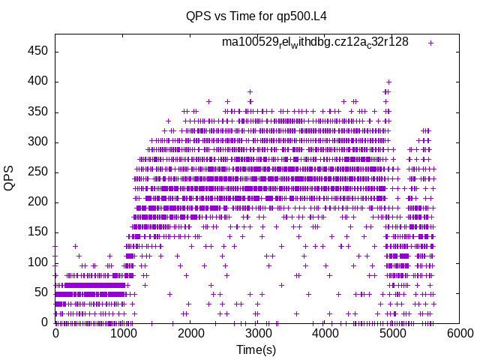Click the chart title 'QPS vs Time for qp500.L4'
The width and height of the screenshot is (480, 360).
(x=256, y=16)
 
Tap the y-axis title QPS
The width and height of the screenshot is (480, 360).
(x=9, y=178)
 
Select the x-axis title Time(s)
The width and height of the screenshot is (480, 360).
(x=256, y=349)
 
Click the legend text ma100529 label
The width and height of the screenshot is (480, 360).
(x=315, y=42)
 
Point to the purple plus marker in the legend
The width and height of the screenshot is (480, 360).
(x=430, y=43)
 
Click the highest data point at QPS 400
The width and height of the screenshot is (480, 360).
(x=388, y=82)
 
